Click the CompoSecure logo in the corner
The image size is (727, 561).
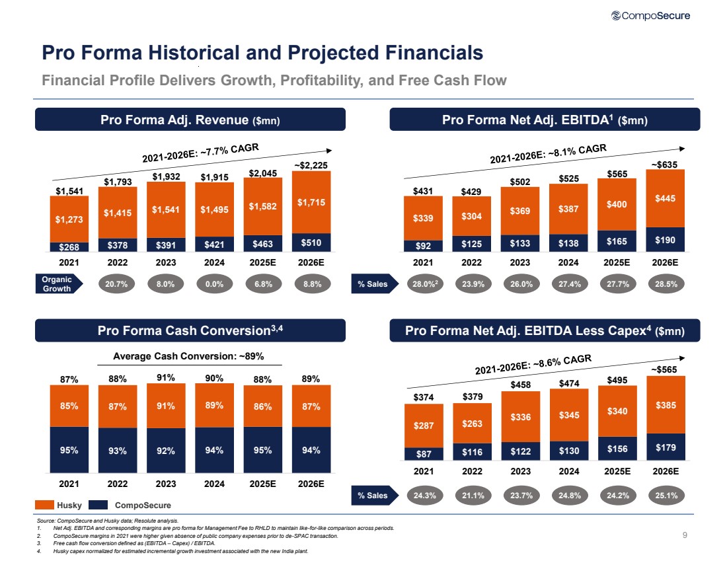click(x=651, y=16)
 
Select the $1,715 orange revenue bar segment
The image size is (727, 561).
click(x=312, y=202)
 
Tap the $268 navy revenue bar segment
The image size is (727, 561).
click(x=69, y=247)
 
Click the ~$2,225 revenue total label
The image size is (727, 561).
click(x=311, y=165)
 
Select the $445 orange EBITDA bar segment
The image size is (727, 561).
click(x=666, y=198)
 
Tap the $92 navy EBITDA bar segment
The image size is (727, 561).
click(x=423, y=246)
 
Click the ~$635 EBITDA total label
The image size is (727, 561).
click(x=666, y=163)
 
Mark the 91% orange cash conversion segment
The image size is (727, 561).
click(x=166, y=406)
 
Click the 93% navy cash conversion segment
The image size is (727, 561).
click(x=118, y=451)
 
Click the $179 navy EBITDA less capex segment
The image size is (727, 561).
click(x=666, y=447)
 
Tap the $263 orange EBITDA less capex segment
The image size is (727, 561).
click(x=472, y=424)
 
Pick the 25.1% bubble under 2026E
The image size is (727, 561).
click(x=666, y=494)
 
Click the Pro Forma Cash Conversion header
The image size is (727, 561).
click(x=190, y=330)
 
